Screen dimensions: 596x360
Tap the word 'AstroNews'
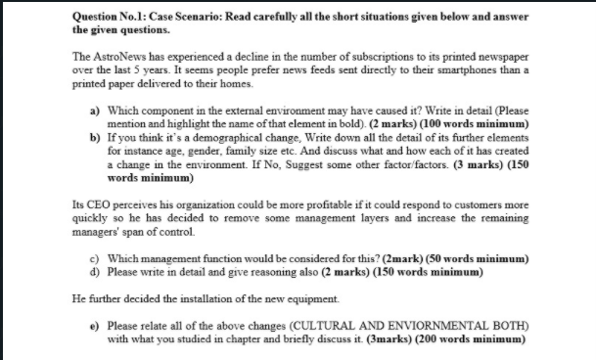tap(126, 60)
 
